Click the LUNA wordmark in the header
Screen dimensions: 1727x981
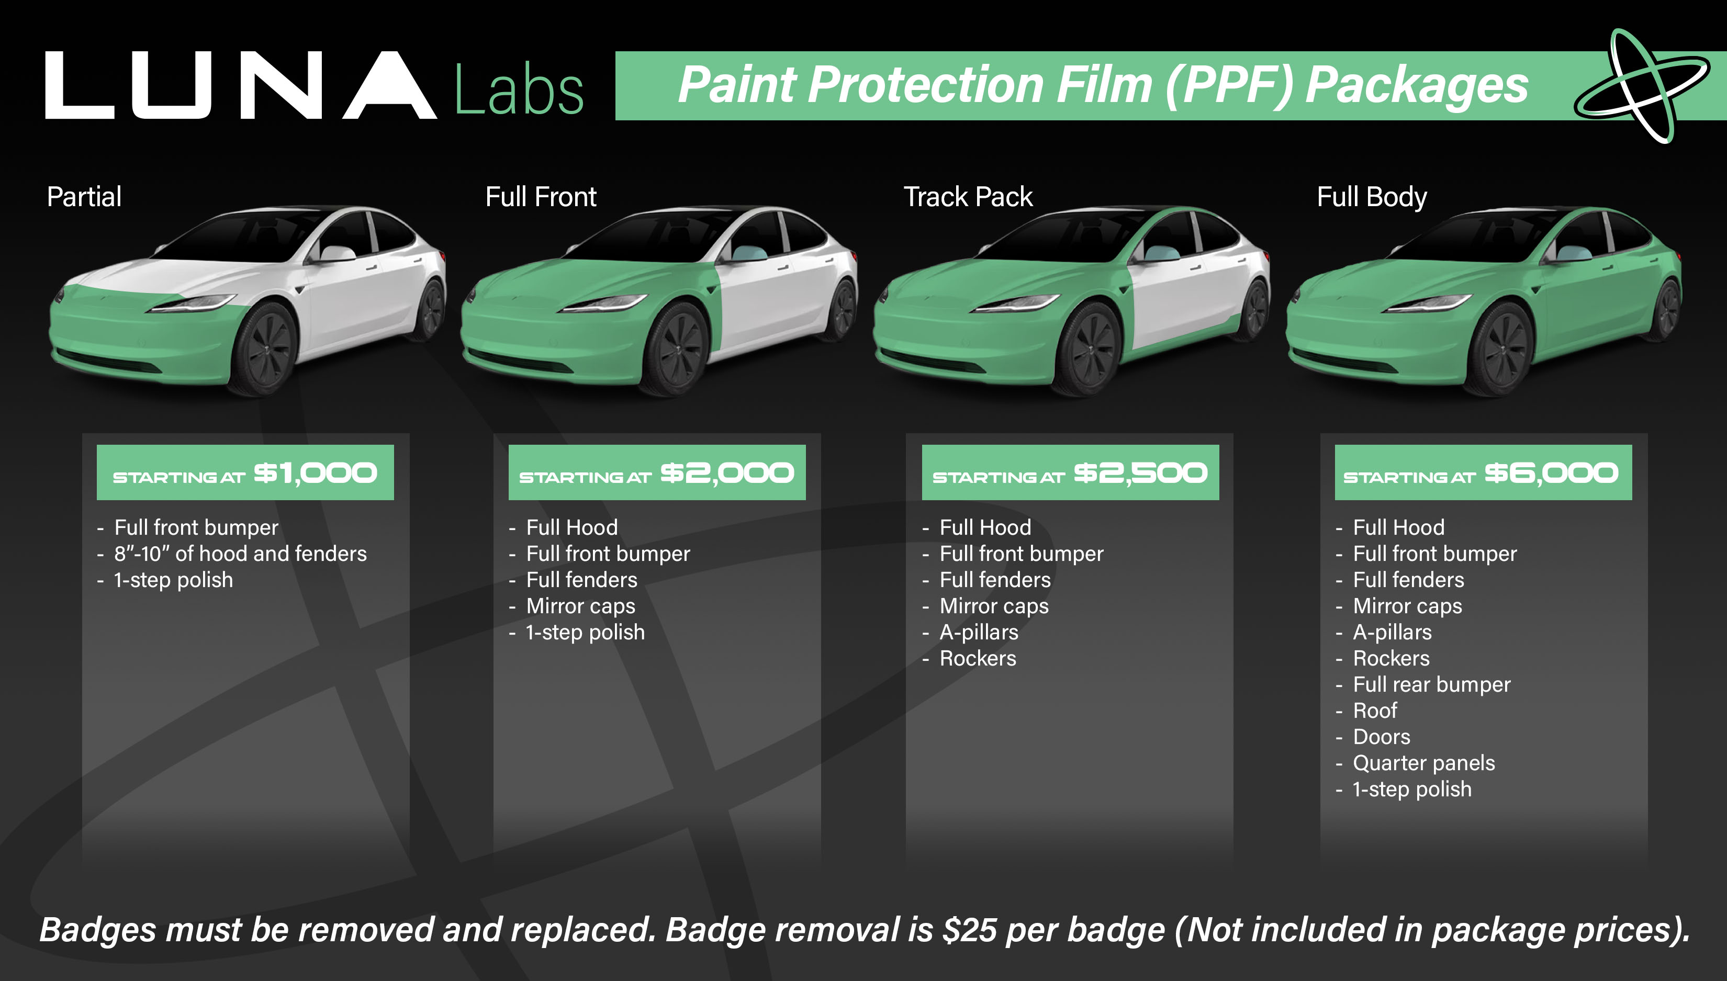241,86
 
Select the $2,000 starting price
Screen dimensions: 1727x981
727,473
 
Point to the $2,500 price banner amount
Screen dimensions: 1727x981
1140,473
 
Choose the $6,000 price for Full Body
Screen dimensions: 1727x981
1552,473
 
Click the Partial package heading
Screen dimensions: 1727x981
84,197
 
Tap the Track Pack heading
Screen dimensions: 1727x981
968,197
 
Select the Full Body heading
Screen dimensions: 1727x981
1371,197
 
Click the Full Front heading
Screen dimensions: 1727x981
541,197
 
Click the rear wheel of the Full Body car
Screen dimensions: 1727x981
1667,309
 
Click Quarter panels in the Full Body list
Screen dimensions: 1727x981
1424,763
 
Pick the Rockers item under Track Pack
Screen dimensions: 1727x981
978,658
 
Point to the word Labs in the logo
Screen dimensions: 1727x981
519,91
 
